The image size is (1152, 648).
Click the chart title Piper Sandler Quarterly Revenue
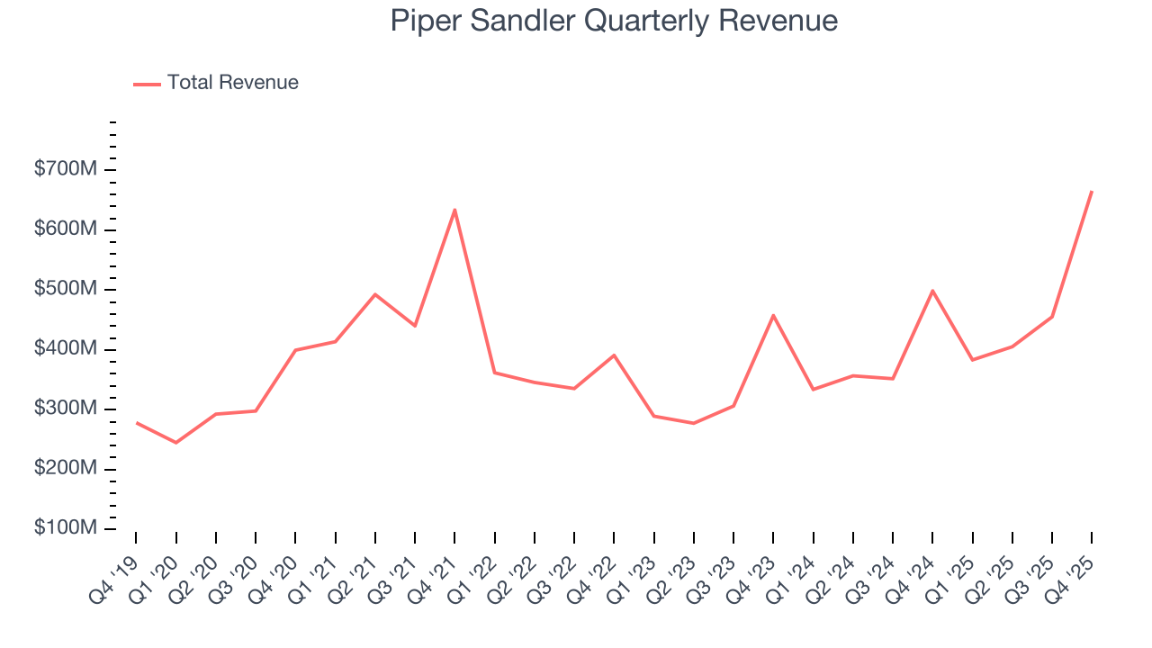tap(614, 21)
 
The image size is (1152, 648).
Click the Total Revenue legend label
tap(232, 83)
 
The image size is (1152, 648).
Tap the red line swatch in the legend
tap(147, 84)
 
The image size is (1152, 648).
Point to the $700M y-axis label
tap(66, 169)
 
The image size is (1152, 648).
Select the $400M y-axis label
tap(66, 349)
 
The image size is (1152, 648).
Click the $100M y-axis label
tap(66, 528)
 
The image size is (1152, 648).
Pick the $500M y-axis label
tap(66, 289)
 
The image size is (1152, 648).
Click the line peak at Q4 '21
tap(454, 210)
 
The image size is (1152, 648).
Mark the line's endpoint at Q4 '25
tap(1092, 191)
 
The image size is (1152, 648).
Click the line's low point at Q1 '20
tap(175, 443)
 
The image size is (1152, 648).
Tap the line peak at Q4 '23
tap(773, 315)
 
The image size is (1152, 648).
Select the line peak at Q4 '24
tap(932, 291)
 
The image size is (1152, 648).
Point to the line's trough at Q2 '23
tap(693, 423)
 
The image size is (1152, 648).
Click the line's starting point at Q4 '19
tap(136, 422)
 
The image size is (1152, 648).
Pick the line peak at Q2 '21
tap(375, 294)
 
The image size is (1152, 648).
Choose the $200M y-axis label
tap(66, 469)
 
